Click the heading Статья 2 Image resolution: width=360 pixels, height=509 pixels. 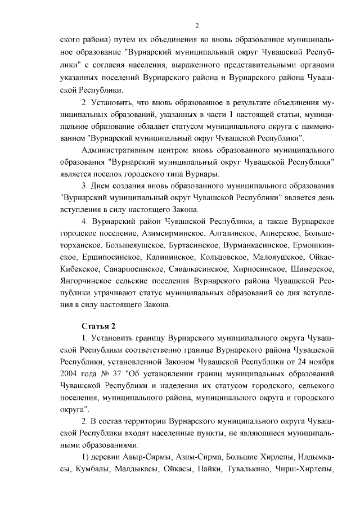99,325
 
